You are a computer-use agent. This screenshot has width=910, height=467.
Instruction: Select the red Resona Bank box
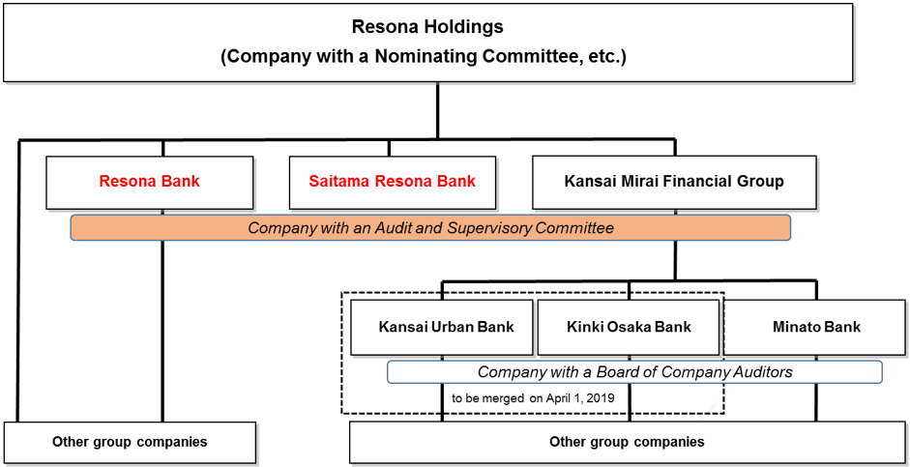[x=149, y=182]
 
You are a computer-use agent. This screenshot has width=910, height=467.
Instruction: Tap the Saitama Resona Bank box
[x=392, y=182]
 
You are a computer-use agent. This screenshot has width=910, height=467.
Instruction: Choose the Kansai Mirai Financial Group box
[x=674, y=182]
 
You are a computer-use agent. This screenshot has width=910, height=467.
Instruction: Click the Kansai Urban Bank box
[x=441, y=327]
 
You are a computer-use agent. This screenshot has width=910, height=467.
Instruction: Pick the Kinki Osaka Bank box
[x=629, y=327]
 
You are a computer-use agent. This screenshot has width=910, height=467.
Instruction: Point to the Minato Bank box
[x=816, y=327]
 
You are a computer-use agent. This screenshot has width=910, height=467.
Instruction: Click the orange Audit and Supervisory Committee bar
[x=430, y=228]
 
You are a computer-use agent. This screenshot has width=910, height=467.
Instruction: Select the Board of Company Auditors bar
[x=634, y=372]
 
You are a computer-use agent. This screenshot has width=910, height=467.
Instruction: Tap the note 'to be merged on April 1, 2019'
[x=533, y=397]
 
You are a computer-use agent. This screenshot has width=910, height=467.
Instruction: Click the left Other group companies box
[x=130, y=443]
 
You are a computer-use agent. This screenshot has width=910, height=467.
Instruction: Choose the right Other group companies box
[x=627, y=443]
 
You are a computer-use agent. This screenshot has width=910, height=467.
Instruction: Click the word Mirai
[x=641, y=182]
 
